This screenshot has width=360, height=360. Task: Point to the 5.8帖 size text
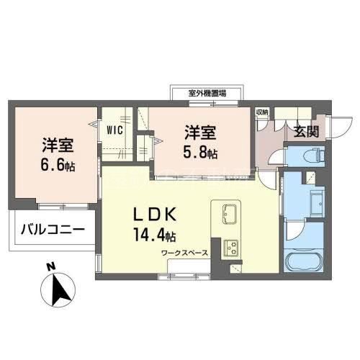point(201,152)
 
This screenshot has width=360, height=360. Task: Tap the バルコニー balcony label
point(52,230)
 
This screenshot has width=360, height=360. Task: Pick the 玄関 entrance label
point(306,132)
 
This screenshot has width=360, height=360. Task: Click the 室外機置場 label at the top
point(207,93)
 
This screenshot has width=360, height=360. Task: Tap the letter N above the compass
point(50,268)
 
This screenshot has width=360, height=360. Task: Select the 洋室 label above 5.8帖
point(199,133)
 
